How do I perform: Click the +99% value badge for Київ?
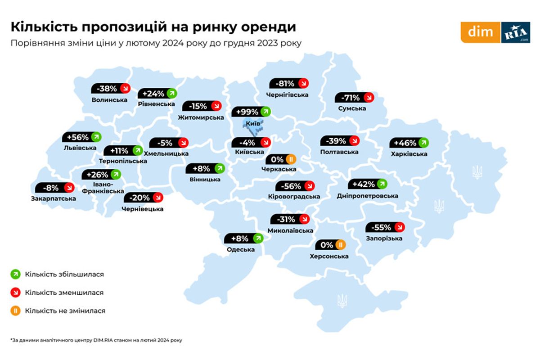click(246, 112)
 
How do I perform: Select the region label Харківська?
click(409, 154)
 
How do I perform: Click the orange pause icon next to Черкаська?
click(291, 159)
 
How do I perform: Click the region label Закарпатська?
click(54, 198)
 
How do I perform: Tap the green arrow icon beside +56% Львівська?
click(96, 137)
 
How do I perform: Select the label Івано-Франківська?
click(103, 188)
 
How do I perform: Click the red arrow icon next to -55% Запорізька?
click(399, 227)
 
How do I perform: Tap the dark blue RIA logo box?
click(516, 32)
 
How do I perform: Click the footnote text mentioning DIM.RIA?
click(97, 340)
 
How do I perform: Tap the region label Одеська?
click(241, 250)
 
